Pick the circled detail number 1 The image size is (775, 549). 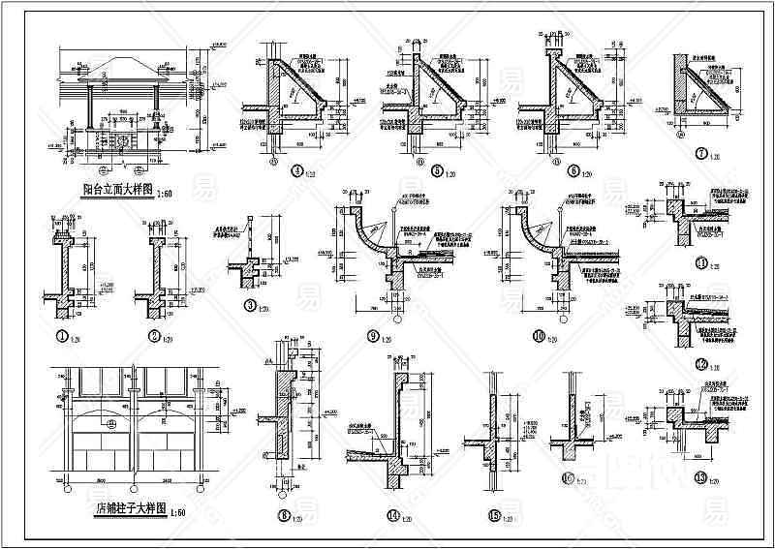point(65,336)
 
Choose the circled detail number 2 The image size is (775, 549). point(155,336)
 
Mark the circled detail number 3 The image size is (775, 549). point(250,307)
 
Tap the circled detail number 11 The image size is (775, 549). point(702,261)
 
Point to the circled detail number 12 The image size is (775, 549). point(702,365)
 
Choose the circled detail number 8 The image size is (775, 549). point(284,516)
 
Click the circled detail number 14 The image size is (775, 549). point(392,516)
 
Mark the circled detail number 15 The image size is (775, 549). point(494,516)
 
